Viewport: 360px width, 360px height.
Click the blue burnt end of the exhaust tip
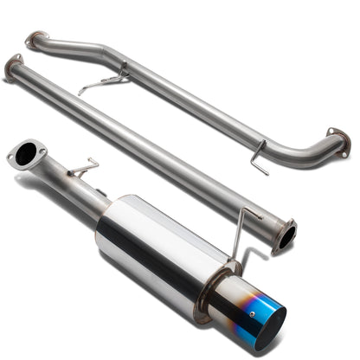click(x=268, y=323)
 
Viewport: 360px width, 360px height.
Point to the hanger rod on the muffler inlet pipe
click(x=81, y=168)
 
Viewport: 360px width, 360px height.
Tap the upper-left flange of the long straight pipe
click(x=13, y=65)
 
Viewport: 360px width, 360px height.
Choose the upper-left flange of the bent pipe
click(x=35, y=39)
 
